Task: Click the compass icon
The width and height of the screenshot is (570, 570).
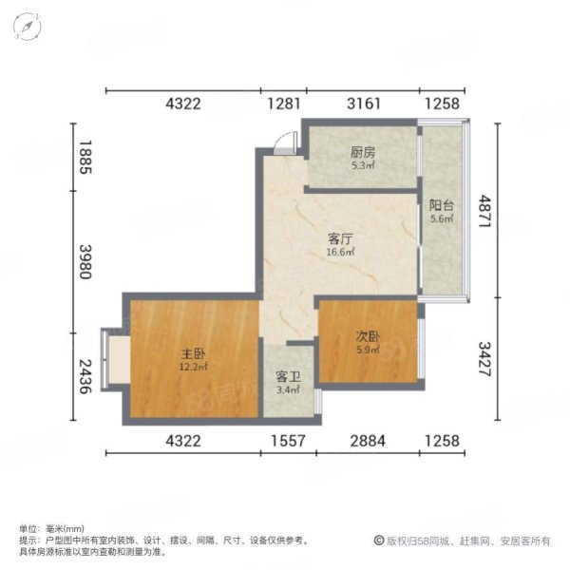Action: [x=28, y=27]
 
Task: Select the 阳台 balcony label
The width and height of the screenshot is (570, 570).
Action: [x=440, y=204]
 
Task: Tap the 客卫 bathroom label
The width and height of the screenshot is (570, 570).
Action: [x=288, y=377]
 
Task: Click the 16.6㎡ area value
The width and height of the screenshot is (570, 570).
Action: [x=342, y=253]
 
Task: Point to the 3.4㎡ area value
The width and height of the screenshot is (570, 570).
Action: [x=288, y=389]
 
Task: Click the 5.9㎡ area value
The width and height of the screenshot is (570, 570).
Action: [x=368, y=350]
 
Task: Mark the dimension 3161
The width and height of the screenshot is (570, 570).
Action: [x=362, y=104]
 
